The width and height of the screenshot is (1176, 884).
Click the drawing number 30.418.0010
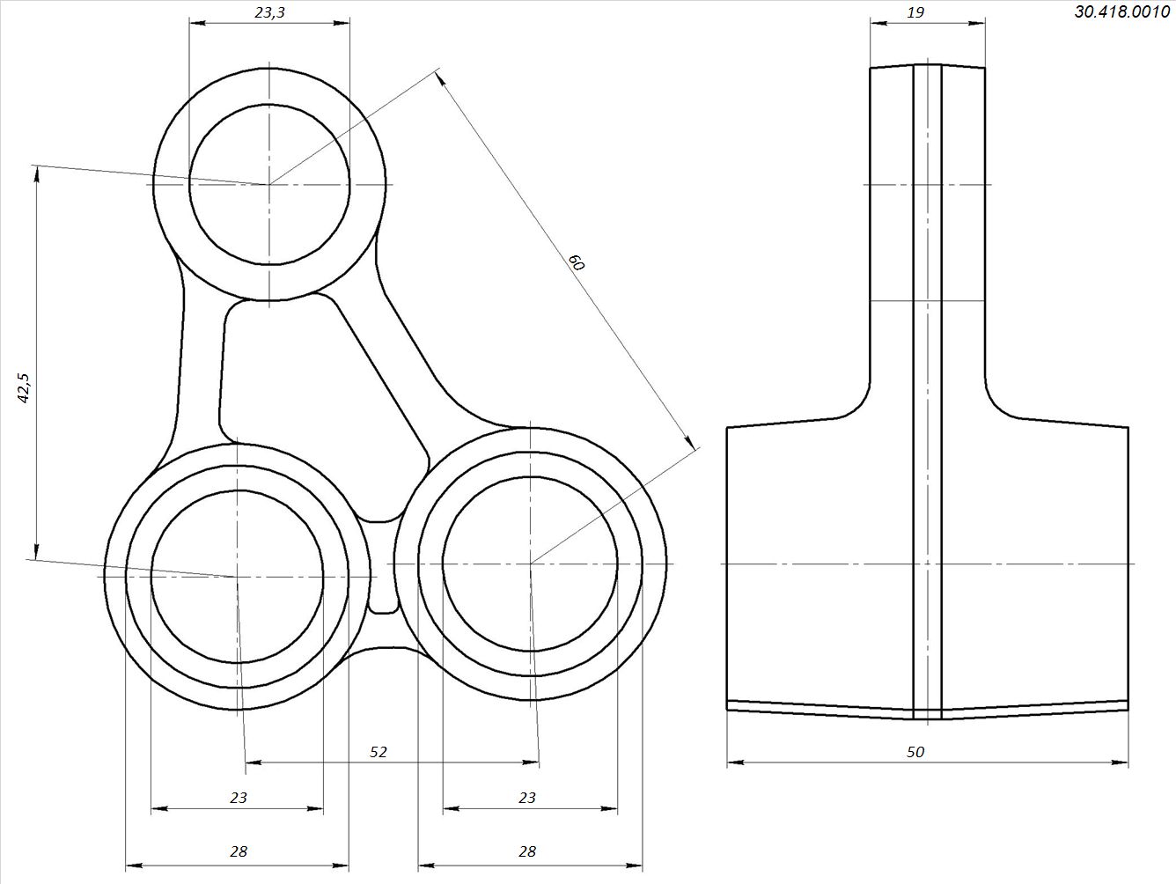click(1122, 11)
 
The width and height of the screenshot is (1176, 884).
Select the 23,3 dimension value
click(269, 13)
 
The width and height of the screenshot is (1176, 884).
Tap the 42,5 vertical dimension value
click(25, 387)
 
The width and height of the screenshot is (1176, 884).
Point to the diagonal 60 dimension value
click(577, 262)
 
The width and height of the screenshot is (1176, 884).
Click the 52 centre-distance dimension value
click(378, 752)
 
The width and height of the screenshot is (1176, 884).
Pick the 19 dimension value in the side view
click(915, 12)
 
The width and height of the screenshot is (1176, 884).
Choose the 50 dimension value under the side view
click(915, 752)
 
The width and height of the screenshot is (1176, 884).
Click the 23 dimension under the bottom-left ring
click(239, 798)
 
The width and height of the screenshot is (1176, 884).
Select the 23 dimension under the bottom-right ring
click(527, 798)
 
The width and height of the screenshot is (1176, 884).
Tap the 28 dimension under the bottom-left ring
click(239, 851)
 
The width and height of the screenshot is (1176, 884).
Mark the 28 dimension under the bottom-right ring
click(527, 851)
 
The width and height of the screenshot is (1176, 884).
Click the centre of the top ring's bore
click(269, 184)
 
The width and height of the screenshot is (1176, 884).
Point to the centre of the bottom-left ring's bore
click(238, 577)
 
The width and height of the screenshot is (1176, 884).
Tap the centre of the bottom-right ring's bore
click(530, 564)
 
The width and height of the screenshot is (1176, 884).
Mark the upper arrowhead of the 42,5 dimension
click(36, 173)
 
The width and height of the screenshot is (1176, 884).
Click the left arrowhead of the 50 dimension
click(736, 762)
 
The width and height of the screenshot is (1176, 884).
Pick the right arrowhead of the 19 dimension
click(977, 23)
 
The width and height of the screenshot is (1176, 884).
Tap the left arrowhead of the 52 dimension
click(254, 762)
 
